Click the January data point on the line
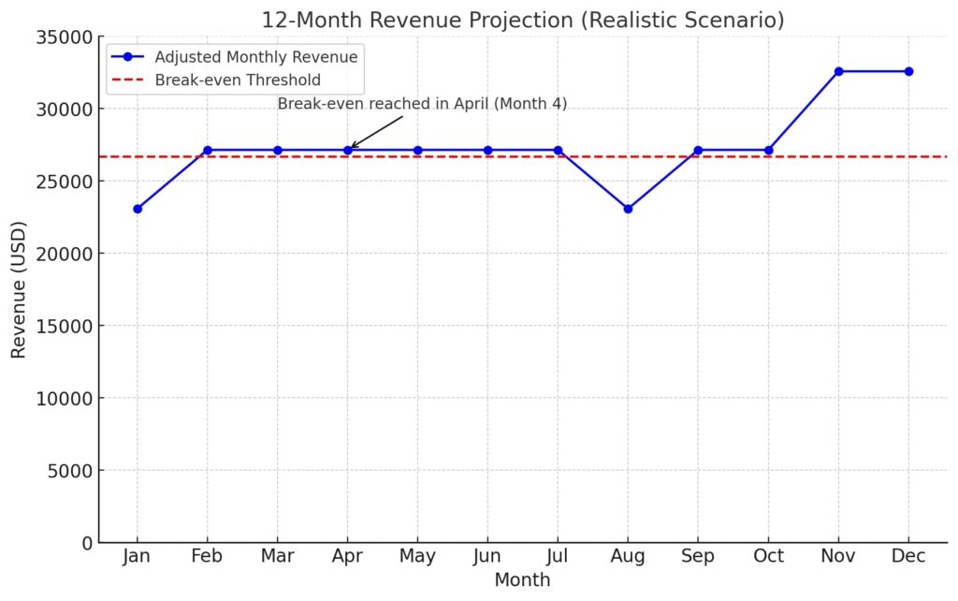[138, 209]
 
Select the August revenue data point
[628, 209]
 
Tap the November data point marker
[838, 71]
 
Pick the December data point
[908, 71]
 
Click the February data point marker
[208, 150]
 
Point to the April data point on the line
[348, 150]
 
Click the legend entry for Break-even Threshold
[237, 81]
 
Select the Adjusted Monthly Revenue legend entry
[255, 57]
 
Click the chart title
[523, 20]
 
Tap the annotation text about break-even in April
[422, 104]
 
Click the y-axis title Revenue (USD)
[19, 289]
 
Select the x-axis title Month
[522, 580]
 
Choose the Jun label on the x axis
[487, 557]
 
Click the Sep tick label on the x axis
[698, 557]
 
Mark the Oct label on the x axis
[768, 557]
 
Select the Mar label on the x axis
[278, 557]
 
